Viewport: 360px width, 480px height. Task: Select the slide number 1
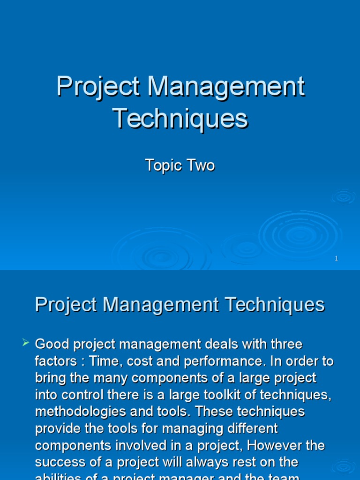337,258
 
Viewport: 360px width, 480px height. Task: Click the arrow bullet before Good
26,344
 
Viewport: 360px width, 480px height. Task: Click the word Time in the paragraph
104,361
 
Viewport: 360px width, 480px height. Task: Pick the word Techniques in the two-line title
180,118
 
